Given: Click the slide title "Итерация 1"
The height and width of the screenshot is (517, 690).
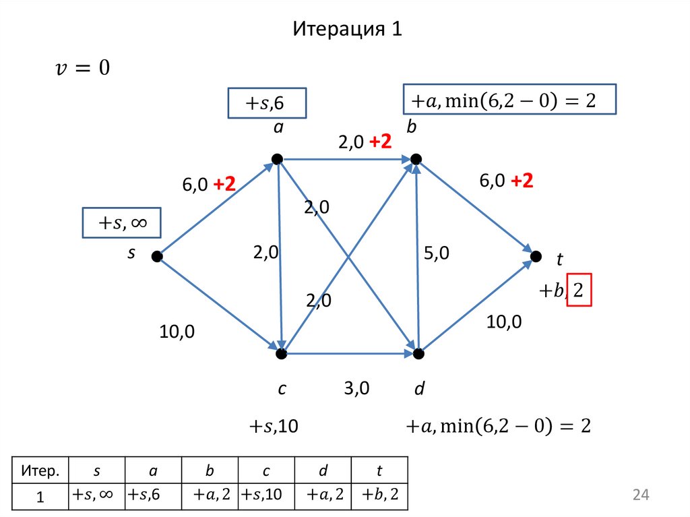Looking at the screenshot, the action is tap(347, 30).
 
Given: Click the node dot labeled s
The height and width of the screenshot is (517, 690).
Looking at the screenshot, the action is tap(156, 256).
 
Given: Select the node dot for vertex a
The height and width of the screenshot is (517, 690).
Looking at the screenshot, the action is tap(276, 159).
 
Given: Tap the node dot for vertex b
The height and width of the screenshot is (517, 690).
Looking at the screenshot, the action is tap(416, 159).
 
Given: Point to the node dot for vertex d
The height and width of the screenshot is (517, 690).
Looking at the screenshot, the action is tap(418, 353).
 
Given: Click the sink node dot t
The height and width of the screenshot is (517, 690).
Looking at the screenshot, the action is tap(536, 256).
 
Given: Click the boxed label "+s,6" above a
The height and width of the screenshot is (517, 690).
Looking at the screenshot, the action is tap(265, 104).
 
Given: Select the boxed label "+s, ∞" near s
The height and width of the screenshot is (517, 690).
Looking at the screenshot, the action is tap(121, 223).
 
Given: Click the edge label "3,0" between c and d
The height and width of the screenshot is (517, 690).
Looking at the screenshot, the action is tap(357, 389).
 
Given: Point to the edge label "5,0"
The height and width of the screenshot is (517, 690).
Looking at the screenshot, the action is tap(437, 253).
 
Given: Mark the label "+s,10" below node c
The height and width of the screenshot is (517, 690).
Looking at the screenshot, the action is tap(274, 427).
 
